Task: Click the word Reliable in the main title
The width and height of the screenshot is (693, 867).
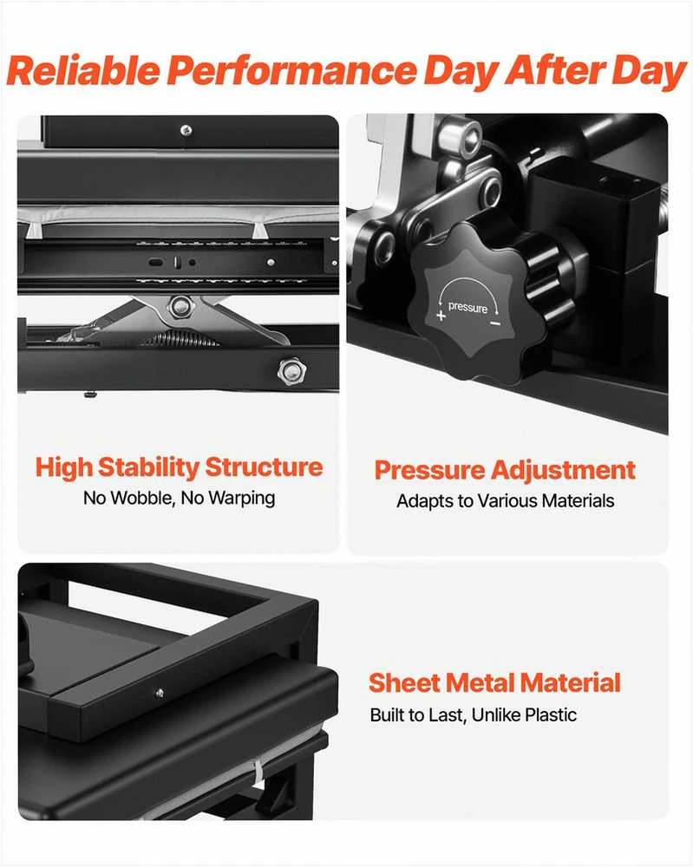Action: [83, 71]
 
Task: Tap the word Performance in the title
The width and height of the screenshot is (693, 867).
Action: [292, 71]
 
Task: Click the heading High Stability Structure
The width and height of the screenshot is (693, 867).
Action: [179, 468]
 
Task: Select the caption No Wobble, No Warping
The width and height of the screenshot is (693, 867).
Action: [179, 499]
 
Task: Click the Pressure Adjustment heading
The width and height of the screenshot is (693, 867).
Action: [505, 471]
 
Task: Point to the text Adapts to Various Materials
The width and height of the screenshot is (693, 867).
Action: [505, 501]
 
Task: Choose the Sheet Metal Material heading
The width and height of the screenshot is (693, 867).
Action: [494, 682]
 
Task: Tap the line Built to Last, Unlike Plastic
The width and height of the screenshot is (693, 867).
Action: [473, 715]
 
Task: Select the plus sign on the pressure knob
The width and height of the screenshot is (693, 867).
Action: [441, 316]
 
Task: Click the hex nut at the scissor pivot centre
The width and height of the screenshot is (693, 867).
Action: [180, 307]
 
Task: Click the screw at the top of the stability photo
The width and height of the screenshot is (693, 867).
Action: [186, 131]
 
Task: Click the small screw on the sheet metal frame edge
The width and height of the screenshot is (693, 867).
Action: [160, 692]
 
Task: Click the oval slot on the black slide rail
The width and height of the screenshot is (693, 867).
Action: [156, 262]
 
